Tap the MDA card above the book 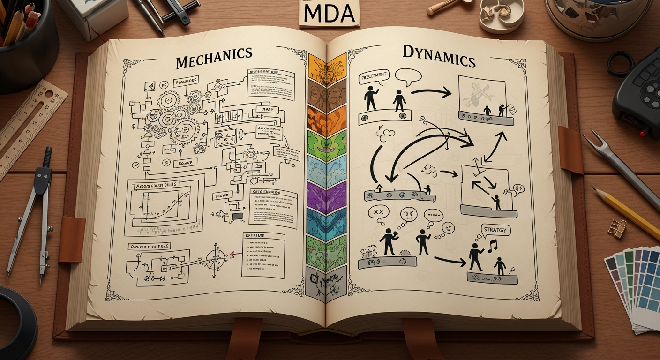329,14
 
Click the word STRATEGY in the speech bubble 495,231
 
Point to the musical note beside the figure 492,246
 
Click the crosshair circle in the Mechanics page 217,258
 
